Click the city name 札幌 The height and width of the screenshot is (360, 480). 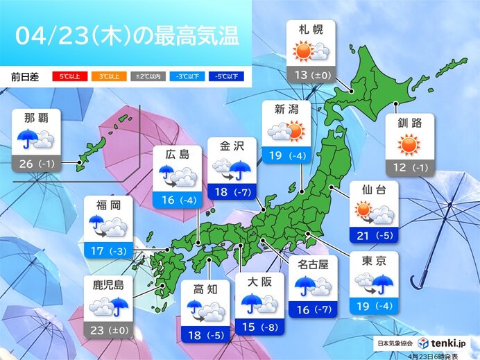310,31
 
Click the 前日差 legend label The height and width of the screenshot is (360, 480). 24,76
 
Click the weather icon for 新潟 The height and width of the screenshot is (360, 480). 286,130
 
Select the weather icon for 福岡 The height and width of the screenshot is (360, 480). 108,225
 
